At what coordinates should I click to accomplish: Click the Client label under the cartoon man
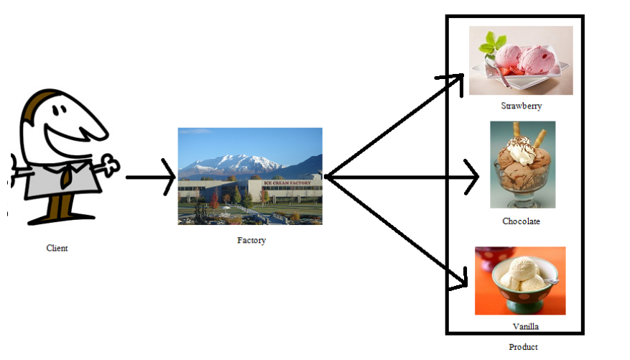(x=57, y=249)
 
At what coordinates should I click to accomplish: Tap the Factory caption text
(x=251, y=241)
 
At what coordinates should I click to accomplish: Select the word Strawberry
(x=521, y=106)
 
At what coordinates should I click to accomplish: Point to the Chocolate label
(x=521, y=221)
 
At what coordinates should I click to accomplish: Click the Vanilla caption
(x=525, y=326)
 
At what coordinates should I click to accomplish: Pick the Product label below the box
(x=523, y=348)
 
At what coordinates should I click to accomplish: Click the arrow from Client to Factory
(x=151, y=176)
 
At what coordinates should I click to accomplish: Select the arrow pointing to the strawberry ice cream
(x=395, y=125)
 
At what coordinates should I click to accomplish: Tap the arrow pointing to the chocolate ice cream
(x=402, y=176)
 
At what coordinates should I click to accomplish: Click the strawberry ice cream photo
(x=521, y=60)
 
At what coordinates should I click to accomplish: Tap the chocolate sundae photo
(x=522, y=165)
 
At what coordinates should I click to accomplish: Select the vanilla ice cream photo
(x=520, y=281)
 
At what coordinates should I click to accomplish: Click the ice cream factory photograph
(x=250, y=176)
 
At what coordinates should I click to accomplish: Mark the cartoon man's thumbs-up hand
(x=108, y=165)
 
